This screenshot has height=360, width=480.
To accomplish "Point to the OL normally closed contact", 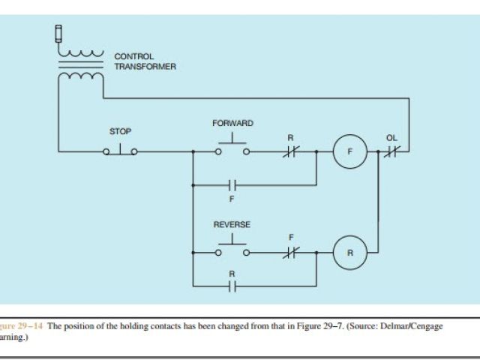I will (x=391, y=151).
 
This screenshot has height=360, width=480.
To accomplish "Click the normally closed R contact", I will (x=290, y=151).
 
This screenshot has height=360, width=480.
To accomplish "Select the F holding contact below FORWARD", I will (x=232, y=184).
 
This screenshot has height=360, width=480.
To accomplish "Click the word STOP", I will (x=120, y=132).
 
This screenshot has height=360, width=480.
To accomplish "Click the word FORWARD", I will (x=232, y=123).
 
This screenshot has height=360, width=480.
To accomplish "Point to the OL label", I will (x=391, y=138).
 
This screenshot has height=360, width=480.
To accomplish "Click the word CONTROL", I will (x=133, y=56).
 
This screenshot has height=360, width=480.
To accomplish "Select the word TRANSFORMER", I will (x=145, y=67).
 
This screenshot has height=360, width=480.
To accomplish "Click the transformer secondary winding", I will (x=81, y=76).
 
